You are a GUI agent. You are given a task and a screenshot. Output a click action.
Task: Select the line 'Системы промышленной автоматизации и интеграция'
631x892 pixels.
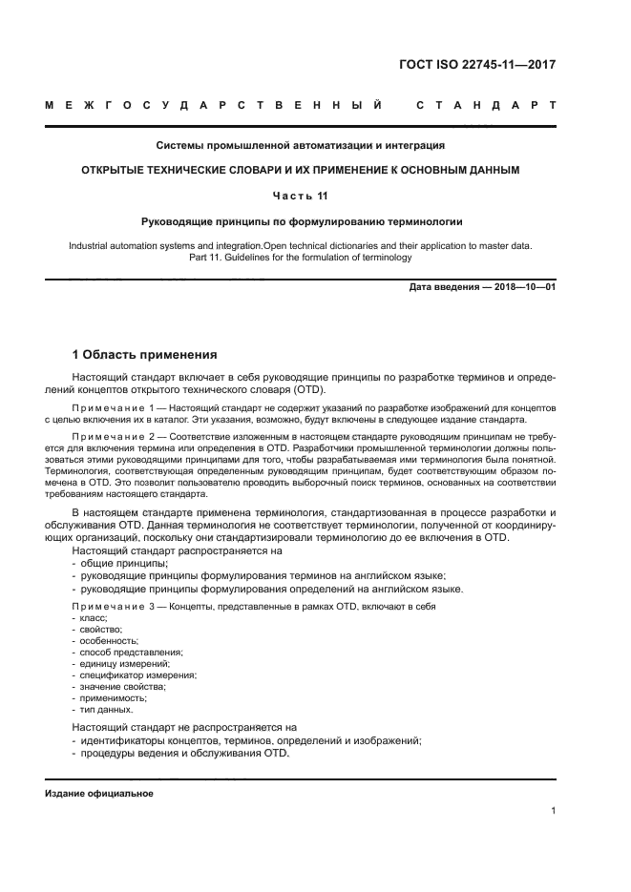pyautogui.click(x=301, y=146)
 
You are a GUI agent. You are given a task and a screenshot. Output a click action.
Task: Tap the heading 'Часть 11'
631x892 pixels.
pyautogui.click(x=301, y=196)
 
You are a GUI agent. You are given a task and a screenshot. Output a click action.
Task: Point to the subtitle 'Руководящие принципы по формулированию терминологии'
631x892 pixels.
pyautogui.click(x=301, y=221)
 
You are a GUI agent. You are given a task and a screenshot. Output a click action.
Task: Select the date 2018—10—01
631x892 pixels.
pyautogui.click(x=522, y=286)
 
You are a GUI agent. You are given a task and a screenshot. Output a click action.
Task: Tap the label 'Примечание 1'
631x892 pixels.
pyautogui.click(x=115, y=407)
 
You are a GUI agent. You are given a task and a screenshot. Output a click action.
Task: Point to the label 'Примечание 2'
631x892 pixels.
pyautogui.click(x=115, y=434)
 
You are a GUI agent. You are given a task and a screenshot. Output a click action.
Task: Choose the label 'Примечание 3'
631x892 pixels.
pyautogui.click(x=115, y=608)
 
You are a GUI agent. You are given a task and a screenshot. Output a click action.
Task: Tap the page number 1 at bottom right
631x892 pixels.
pyautogui.click(x=554, y=811)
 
